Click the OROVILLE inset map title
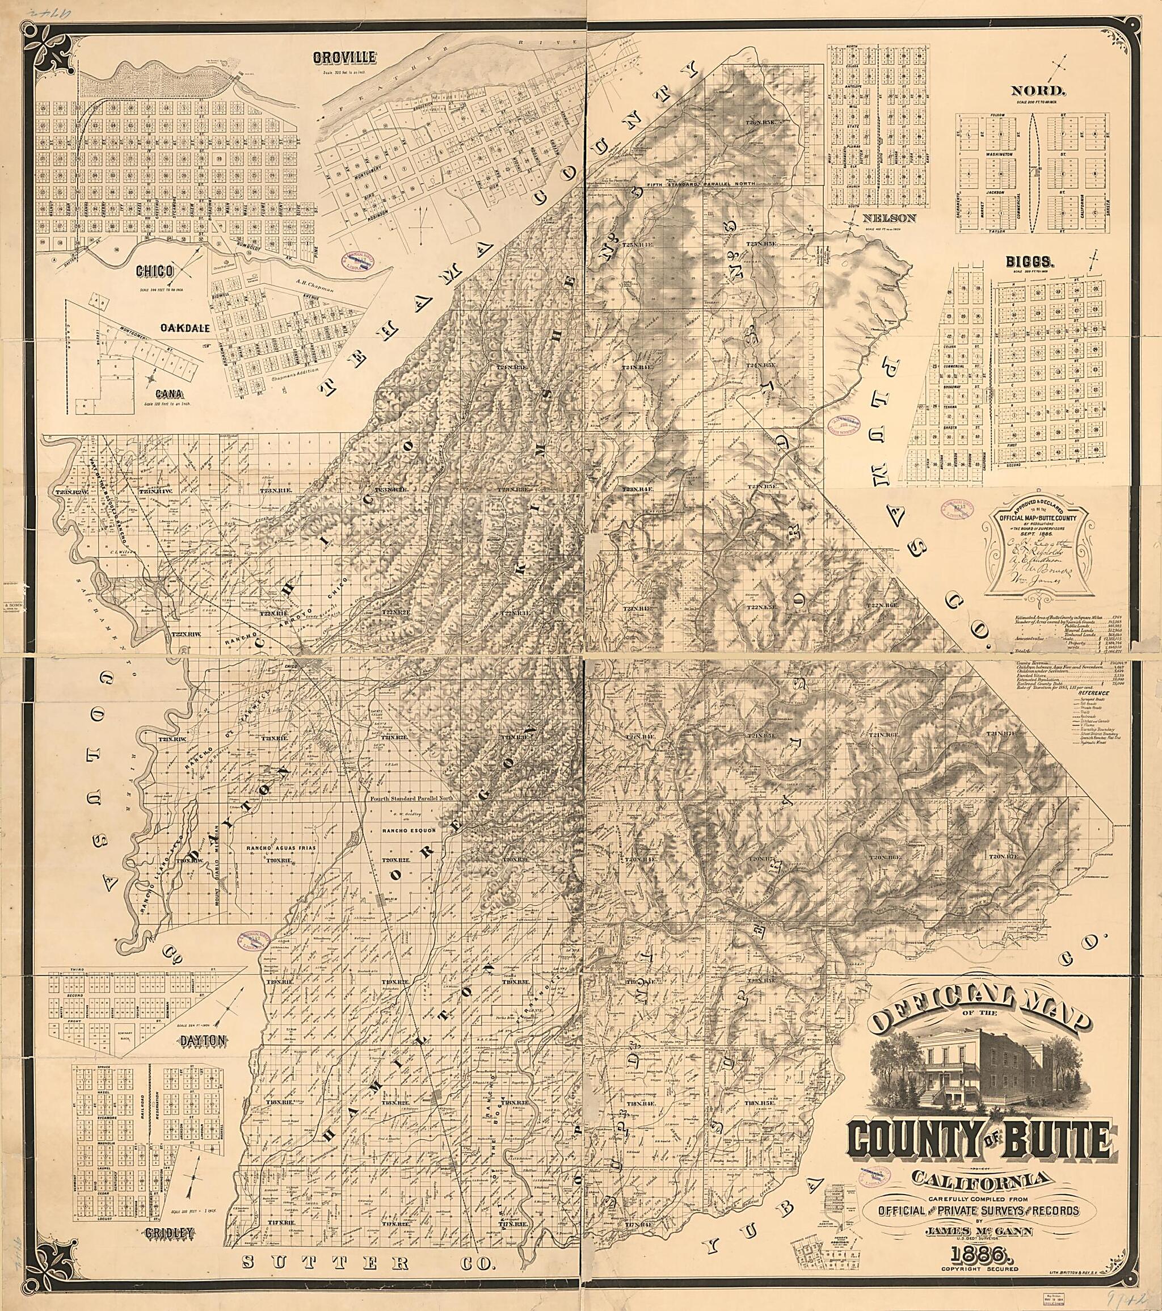pyautogui.click(x=344, y=58)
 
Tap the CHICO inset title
pyautogui.click(x=154, y=271)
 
